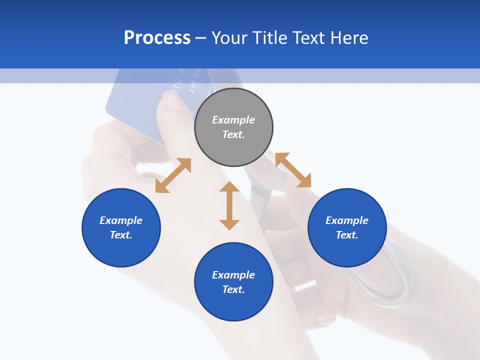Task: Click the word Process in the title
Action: point(157,38)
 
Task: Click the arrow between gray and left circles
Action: point(173,175)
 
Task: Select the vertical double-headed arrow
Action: point(229,205)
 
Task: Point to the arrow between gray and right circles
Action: point(293,170)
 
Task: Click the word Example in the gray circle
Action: point(233,120)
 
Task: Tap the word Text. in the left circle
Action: point(121,235)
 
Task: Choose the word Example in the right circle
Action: point(347,220)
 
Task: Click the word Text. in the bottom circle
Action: point(233,289)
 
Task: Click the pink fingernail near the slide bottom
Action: point(326,316)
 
